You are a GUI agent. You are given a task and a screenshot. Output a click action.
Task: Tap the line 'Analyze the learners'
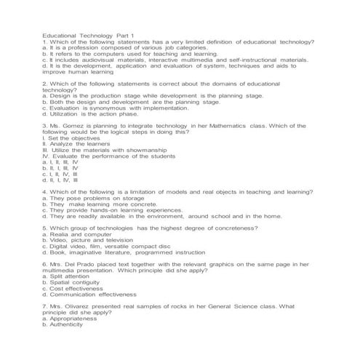pos(79,143)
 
